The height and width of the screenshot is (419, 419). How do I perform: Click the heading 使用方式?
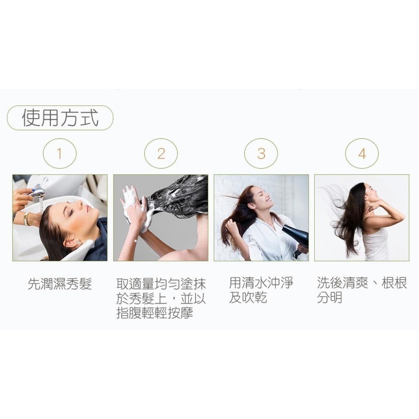(x=60, y=118)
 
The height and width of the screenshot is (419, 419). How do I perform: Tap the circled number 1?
(x=59, y=153)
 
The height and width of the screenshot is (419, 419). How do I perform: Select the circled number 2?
(x=161, y=153)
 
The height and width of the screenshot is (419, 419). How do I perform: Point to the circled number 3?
(x=261, y=153)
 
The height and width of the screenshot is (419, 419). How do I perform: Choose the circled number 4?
(x=362, y=153)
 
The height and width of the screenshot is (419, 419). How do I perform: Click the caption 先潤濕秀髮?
(x=60, y=284)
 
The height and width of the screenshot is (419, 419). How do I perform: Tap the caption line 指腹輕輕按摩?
(x=155, y=313)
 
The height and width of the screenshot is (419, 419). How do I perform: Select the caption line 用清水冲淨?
(x=261, y=283)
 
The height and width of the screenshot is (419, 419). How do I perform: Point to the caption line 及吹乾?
(x=248, y=297)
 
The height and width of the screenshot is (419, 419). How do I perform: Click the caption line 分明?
(x=330, y=297)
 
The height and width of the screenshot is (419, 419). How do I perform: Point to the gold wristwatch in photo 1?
(x=26, y=219)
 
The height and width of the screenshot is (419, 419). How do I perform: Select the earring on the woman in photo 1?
(x=79, y=242)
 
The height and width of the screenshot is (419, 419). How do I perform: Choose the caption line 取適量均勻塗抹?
(x=161, y=284)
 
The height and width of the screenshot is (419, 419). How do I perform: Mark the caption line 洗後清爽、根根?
(x=362, y=283)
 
